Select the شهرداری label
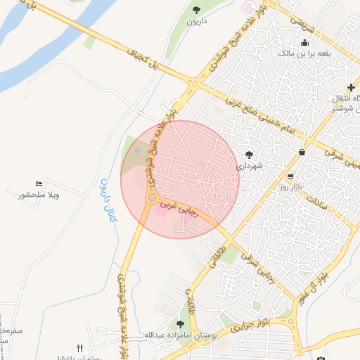(249, 166)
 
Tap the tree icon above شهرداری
(249, 154)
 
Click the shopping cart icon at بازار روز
(290, 176)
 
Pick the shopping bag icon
(302, 152)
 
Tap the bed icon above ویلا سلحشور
(38, 184)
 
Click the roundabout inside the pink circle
(151, 198)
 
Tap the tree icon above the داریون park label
(196, 10)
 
